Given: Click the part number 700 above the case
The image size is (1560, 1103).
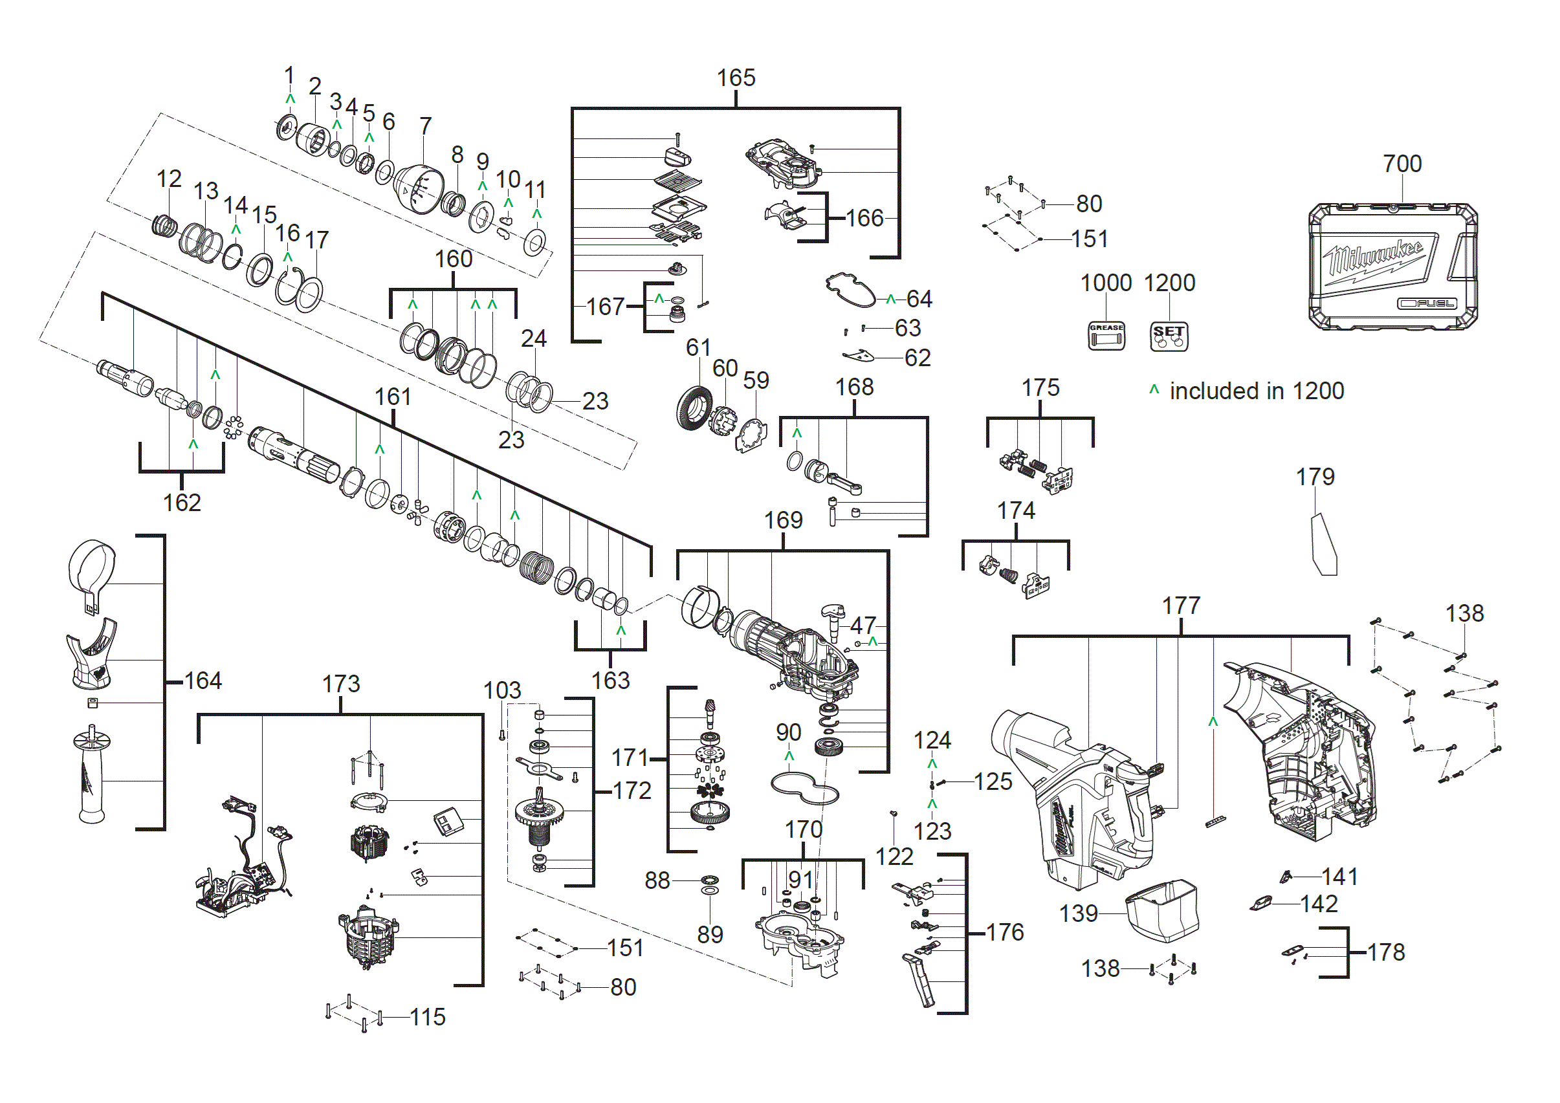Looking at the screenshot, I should click(1401, 164).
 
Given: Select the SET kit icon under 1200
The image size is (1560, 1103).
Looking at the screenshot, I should click(1169, 336).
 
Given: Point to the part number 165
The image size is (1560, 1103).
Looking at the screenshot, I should click(736, 78).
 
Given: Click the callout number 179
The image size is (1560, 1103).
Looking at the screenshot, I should click(1315, 477).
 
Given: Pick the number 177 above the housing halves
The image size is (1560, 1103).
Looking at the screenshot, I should click(1181, 605).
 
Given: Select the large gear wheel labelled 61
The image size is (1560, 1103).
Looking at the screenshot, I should click(694, 408).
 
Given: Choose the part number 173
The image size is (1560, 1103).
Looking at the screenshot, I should click(341, 683).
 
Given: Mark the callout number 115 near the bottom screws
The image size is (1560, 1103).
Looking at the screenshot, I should click(428, 1017).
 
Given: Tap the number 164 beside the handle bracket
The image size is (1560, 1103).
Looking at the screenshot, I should click(203, 681).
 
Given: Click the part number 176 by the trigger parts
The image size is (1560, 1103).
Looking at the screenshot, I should click(1004, 932).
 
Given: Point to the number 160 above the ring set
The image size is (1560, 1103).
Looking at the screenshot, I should click(453, 259).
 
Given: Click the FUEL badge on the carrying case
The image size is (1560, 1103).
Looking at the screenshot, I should click(1427, 303).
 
